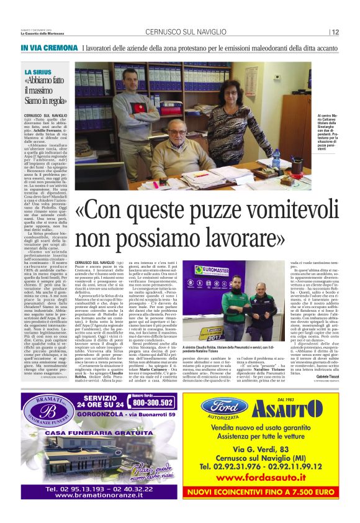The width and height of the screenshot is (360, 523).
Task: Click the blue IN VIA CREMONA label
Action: [48, 48]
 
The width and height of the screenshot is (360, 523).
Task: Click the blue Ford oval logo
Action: [225, 407]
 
